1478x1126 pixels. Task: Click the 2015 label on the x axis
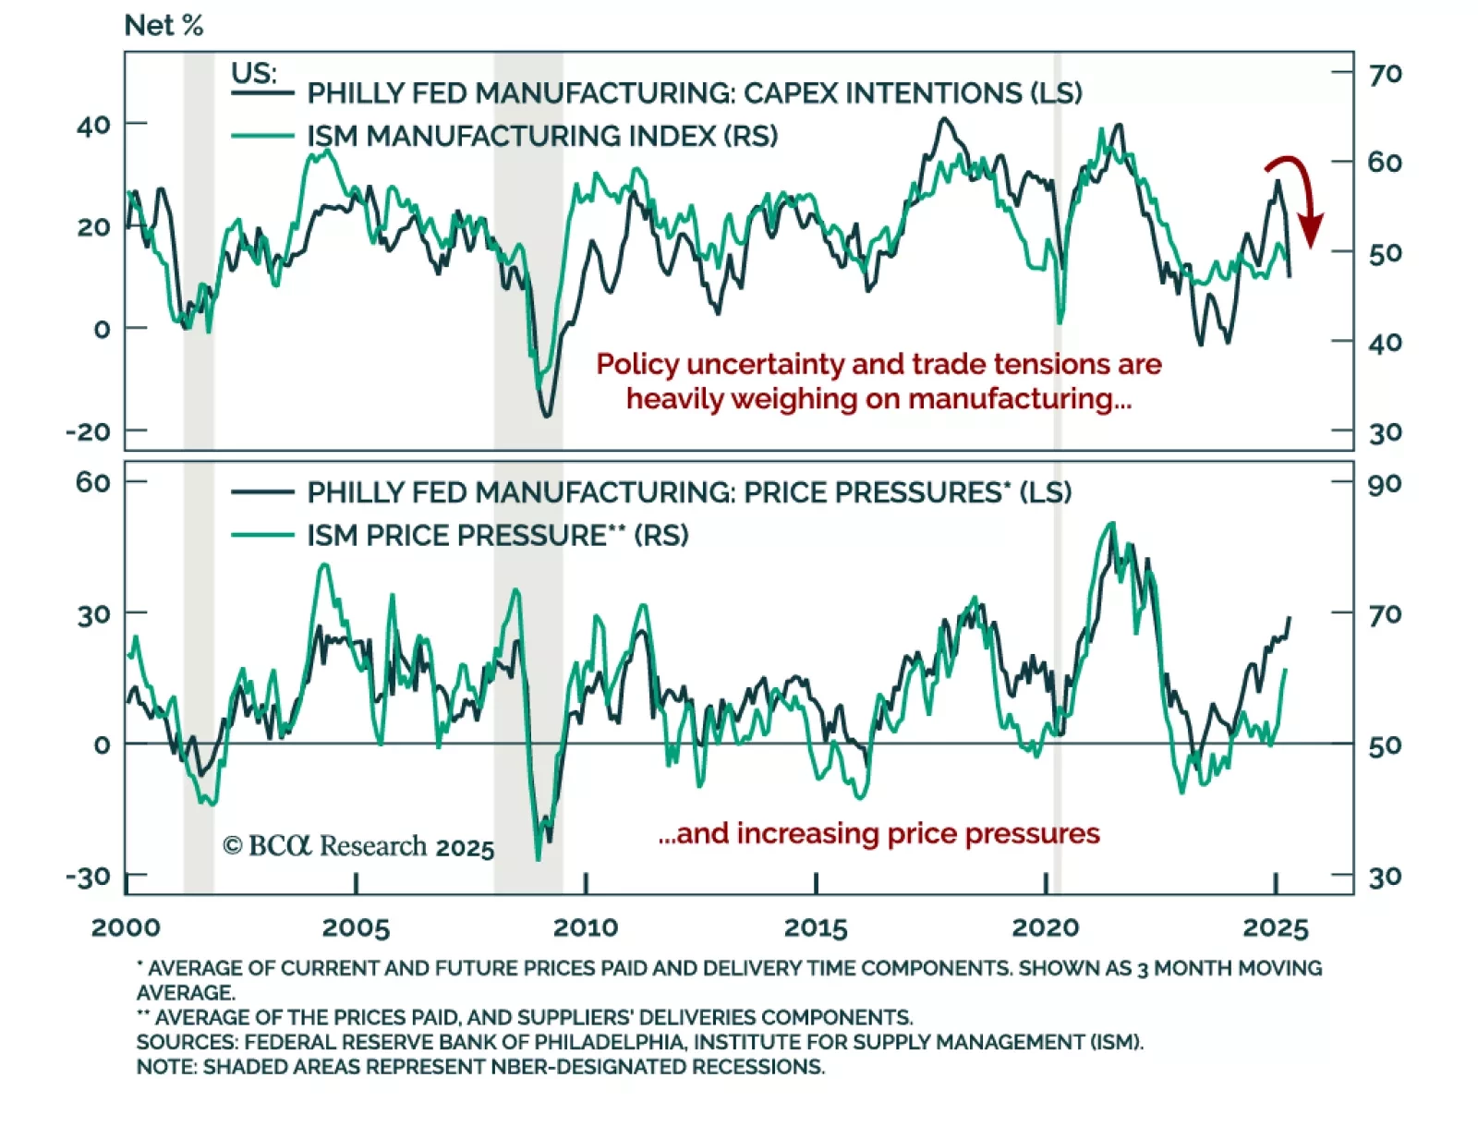816,927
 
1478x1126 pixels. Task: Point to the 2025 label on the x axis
1276,927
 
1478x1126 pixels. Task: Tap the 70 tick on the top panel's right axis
1385,74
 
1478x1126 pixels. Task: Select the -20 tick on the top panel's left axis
88,431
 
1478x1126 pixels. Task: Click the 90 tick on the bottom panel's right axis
1385,484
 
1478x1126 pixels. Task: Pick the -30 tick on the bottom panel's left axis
88,877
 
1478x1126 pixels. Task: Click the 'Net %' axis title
164,26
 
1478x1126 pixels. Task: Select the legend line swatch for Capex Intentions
262,93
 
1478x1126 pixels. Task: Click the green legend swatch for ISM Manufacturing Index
262,137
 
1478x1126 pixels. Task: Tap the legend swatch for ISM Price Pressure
262,536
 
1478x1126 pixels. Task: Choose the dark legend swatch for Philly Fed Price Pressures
262,492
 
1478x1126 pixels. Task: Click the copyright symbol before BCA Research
233,846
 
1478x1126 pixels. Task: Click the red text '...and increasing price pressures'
878,833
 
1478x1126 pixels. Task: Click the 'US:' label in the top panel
253,72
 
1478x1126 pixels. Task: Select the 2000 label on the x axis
126,927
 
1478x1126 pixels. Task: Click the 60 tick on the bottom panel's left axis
93,482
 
